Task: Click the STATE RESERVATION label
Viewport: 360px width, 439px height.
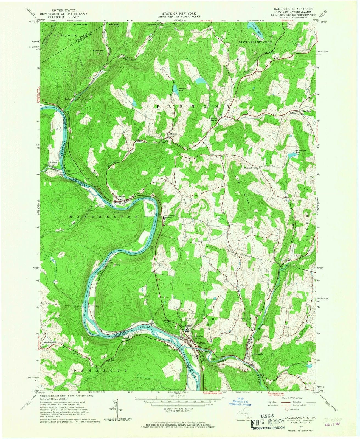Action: point(255,42)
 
